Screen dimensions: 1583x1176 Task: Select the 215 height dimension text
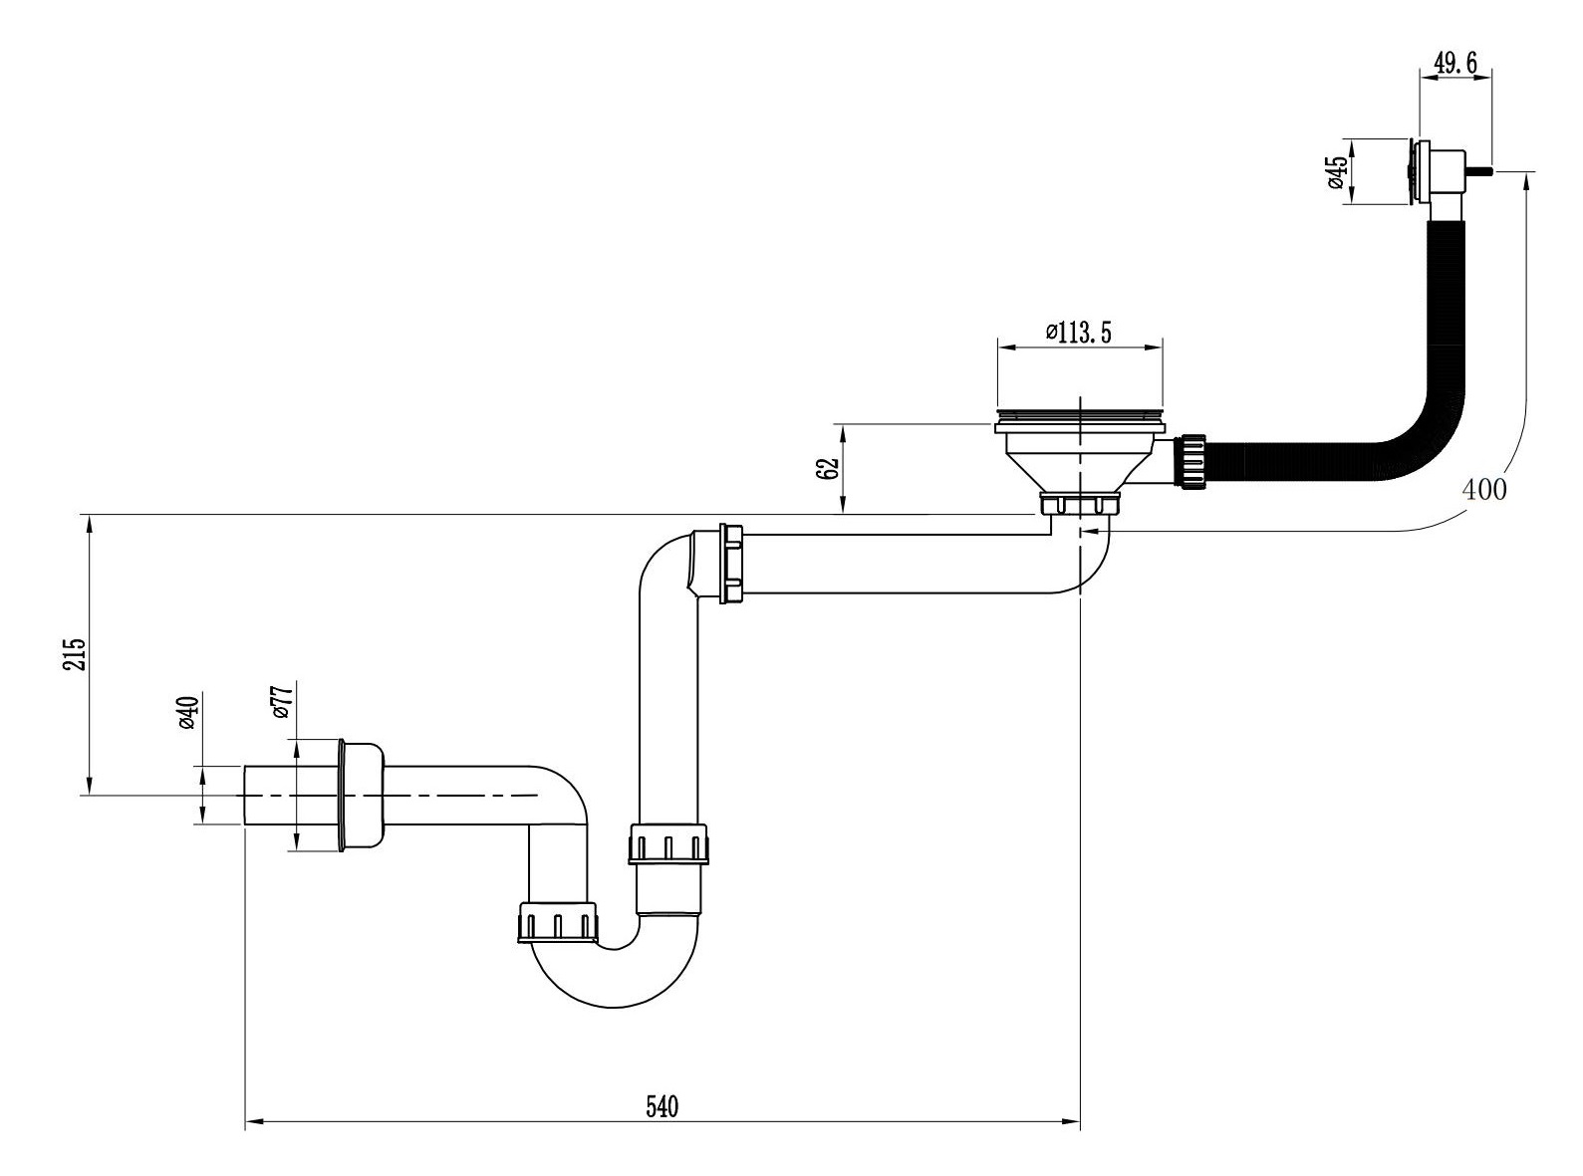pos(75,653)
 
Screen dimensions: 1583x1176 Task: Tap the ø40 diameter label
pos(187,712)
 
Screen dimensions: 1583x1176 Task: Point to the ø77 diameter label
pos(283,701)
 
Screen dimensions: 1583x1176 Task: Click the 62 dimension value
pos(829,468)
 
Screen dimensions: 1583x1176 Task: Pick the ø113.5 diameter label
pos(1078,333)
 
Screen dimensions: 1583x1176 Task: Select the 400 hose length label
pos(1484,490)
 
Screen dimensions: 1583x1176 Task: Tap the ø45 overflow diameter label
pos(1338,172)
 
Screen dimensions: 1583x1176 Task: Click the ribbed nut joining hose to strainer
pos(1193,462)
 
